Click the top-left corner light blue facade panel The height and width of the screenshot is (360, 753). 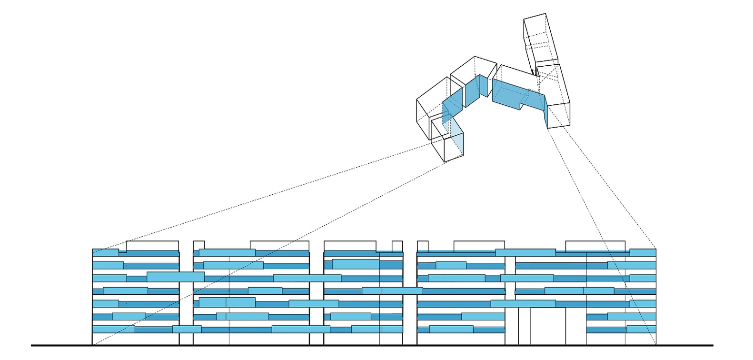[x=105, y=253]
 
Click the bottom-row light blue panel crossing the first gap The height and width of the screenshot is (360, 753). [x=187, y=329]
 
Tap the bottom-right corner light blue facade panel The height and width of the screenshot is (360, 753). [x=641, y=329]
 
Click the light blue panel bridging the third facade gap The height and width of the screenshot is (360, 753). [x=402, y=290]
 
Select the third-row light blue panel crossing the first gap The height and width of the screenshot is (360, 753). [x=176, y=276]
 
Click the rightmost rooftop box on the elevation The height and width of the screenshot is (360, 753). [x=595, y=246]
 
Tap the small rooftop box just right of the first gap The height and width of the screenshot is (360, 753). [x=199, y=245]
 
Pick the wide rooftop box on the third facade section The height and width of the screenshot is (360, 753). [x=350, y=246]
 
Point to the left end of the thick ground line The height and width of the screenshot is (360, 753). [x=32, y=345]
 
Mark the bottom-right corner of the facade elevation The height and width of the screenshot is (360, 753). [x=656, y=344]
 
